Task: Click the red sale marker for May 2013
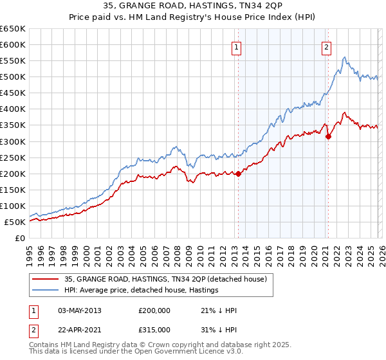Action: click(238, 174)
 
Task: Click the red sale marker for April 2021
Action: click(328, 136)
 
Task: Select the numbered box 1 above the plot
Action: click(237, 47)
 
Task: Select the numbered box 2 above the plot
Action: click(327, 47)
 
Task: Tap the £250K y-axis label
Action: click(13, 157)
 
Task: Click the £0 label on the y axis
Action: click(20, 238)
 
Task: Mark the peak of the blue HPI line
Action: click(345, 58)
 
